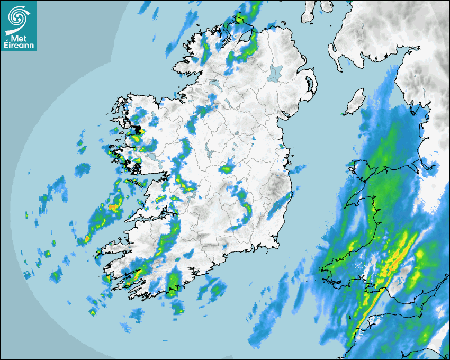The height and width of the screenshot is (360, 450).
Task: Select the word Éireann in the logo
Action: pos(19,46)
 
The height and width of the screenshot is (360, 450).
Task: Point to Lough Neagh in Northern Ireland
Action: pos(276,73)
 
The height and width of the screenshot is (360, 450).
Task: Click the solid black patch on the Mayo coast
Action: pos(137,130)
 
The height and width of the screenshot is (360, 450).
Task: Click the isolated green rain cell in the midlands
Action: pos(227,169)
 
